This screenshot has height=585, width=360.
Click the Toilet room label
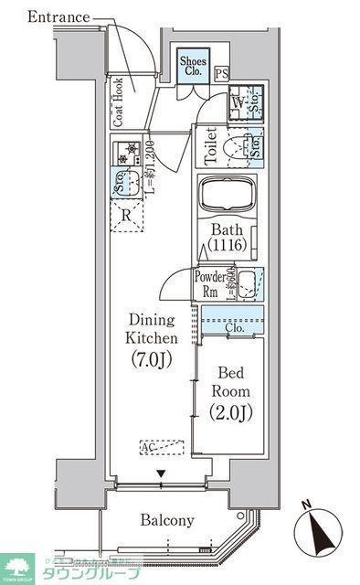click(209, 145)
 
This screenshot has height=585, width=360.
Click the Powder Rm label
click(208, 285)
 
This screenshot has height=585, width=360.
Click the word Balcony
click(166, 520)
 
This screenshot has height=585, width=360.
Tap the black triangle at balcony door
click(162, 473)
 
